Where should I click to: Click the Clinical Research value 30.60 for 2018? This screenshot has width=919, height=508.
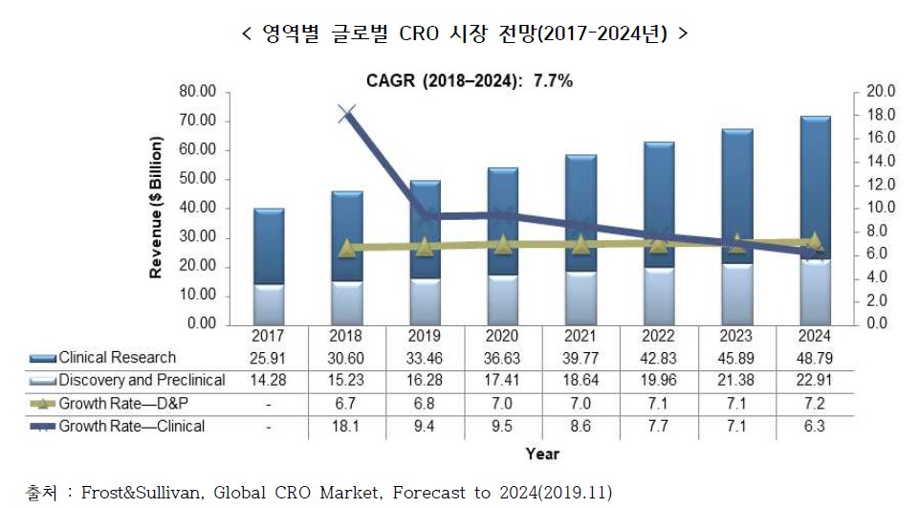tap(346, 358)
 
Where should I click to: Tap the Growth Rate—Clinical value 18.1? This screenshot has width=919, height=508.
tap(346, 427)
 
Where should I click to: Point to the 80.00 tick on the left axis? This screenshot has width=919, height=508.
tap(199, 92)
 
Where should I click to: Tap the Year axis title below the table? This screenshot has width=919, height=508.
tap(541, 453)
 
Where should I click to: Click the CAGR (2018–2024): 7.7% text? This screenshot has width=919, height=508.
tap(470, 81)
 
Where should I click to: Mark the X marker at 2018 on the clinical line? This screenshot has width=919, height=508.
tap(347, 115)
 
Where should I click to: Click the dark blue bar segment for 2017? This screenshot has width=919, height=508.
tap(269, 246)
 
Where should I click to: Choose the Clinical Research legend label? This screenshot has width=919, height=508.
tap(117, 358)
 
